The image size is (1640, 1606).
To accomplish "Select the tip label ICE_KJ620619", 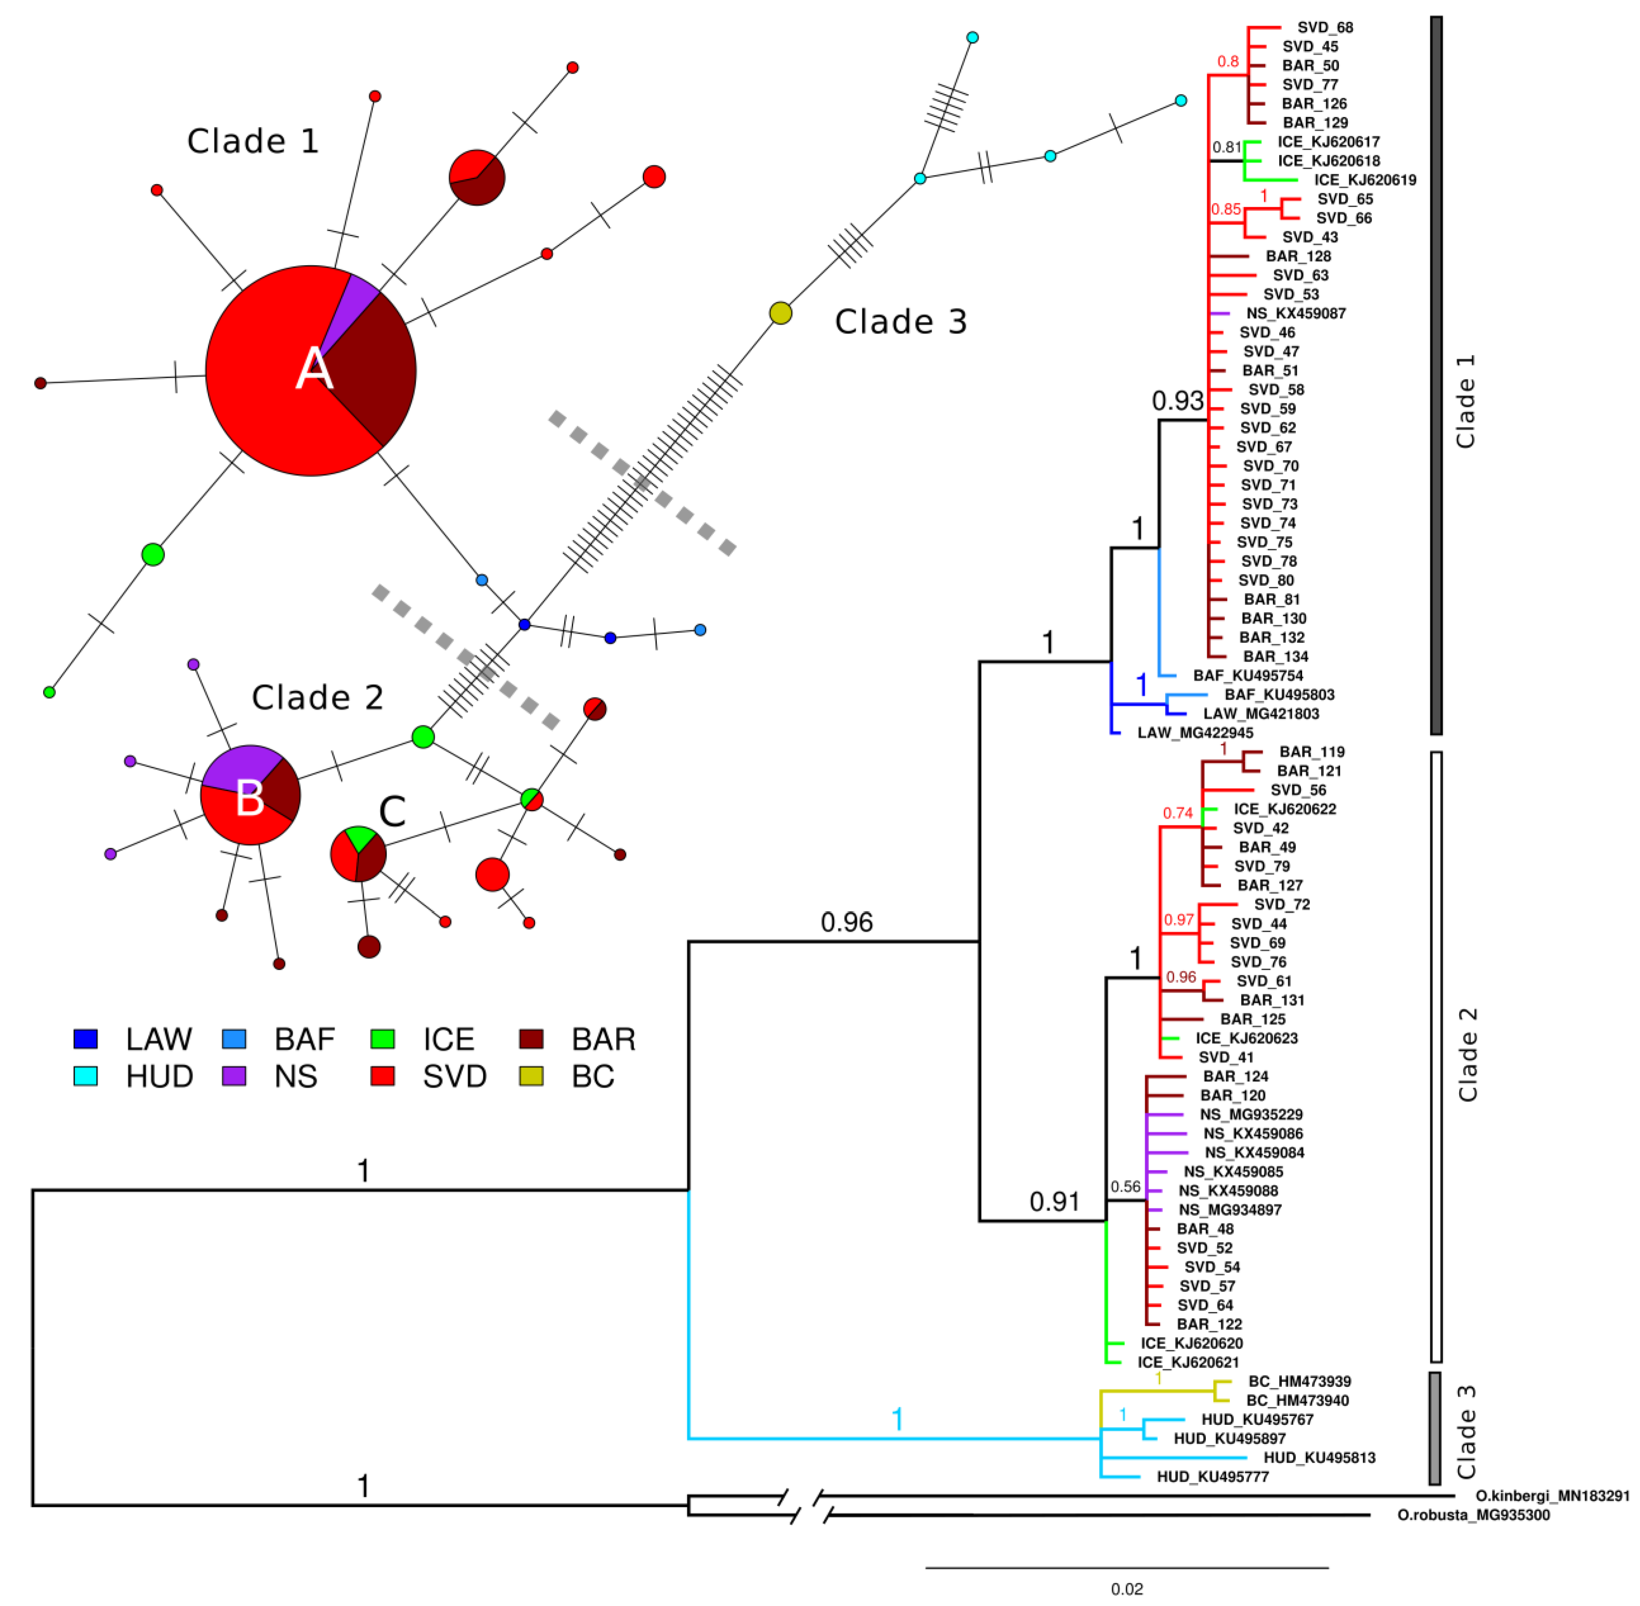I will [1364, 180].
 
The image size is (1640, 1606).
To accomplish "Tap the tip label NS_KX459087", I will [1296, 313].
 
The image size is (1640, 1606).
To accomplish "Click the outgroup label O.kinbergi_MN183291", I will [1551, 1495].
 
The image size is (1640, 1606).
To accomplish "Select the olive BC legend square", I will [530, 1075].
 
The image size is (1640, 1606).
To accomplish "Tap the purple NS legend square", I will [234, 1075].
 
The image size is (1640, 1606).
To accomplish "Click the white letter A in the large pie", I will [314, 369].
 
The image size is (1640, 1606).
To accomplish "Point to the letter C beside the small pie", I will [392, 811].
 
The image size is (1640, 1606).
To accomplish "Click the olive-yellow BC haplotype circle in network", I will [781, 313].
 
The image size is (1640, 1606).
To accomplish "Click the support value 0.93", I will [1178, 401].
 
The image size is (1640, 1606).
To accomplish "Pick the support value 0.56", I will [1126, 1186].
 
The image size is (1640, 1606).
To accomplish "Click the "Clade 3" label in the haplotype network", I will [900, 321].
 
